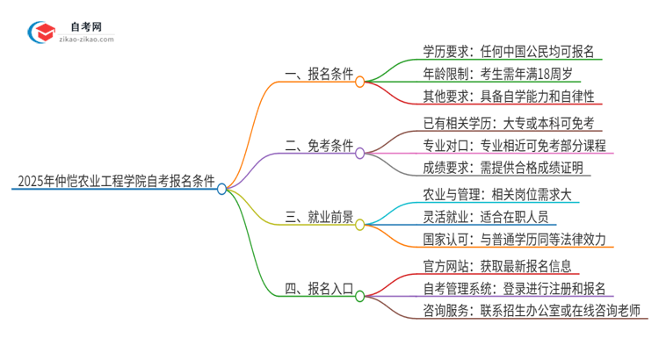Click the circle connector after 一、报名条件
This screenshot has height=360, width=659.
(x=359, y=80)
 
